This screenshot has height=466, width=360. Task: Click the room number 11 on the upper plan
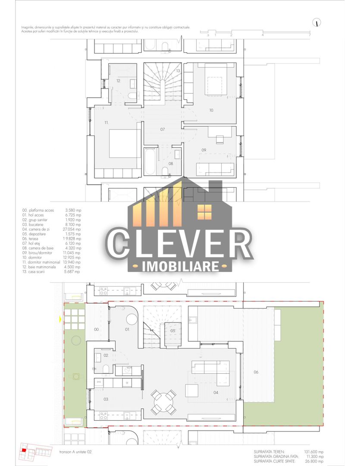tap(106, 123)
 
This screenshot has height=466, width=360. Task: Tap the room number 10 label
tap(211, 110)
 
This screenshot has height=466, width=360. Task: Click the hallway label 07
tap(163, 129)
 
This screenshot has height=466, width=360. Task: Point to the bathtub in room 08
tap(150, 161)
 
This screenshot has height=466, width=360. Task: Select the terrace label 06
tap(256, 372)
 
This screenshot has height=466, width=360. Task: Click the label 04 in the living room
tap(216, 393)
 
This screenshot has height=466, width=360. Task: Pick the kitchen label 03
tap(106, 400)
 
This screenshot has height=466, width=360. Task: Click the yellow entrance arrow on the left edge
tap(60, 320)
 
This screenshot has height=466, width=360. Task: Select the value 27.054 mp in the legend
tap(72, 229)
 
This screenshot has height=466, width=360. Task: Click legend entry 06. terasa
tap(35, 238)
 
